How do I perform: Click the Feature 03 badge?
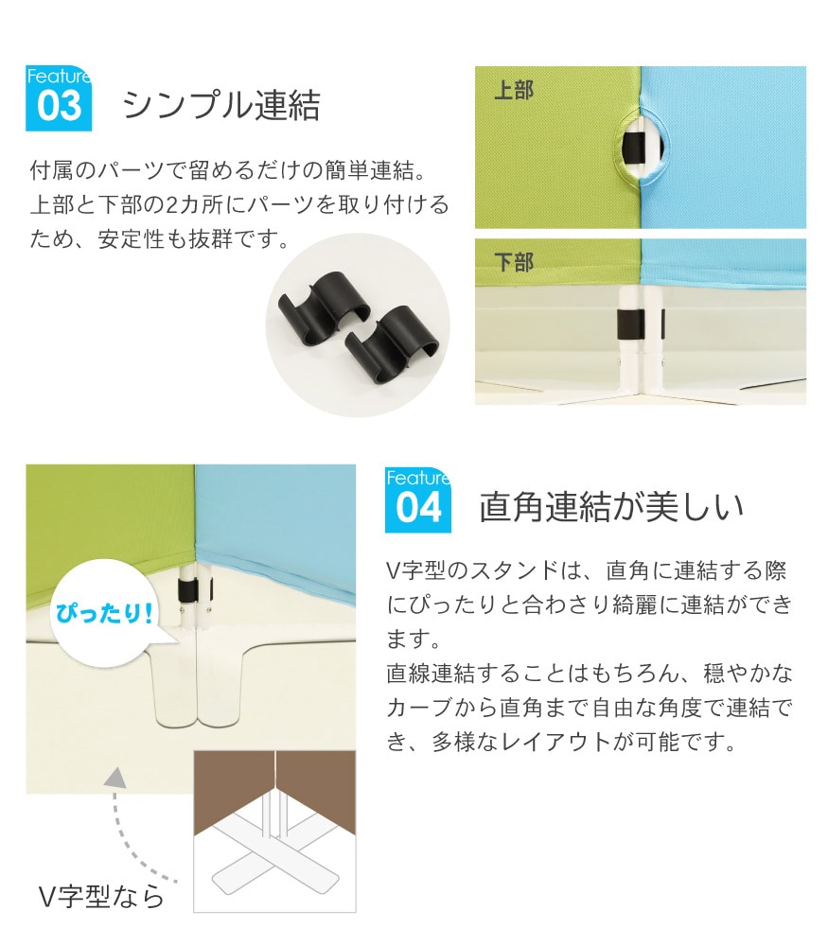pos(59,97)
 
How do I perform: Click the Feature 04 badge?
pos(417,500)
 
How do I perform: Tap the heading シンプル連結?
pos(220,106)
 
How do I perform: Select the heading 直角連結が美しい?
pos(610,507)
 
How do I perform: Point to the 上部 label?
pos(514,91)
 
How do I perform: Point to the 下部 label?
pos(514,262)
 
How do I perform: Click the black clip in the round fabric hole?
pos(634,147)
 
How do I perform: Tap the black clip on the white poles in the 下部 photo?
pos(631,324)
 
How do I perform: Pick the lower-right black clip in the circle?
pos(393,345)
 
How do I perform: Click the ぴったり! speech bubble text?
pos(104,613)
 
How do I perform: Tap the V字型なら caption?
pos(101,896)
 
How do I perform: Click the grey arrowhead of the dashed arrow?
pos(115,779)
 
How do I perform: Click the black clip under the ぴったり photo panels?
pos(188,589)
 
